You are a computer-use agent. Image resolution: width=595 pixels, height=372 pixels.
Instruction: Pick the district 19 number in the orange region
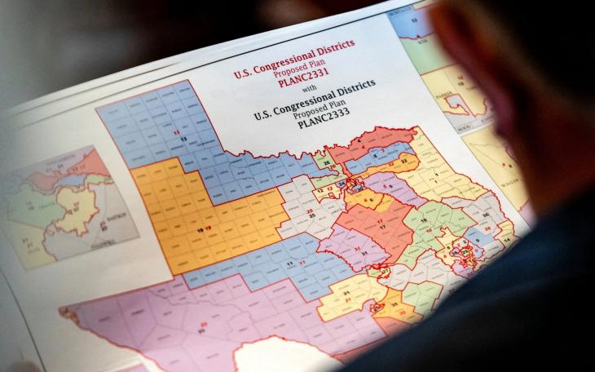pos(201,231)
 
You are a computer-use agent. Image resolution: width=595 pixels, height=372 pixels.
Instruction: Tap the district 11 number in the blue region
pos(291,265)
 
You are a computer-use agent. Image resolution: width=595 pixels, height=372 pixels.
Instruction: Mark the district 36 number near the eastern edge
pos(486,215)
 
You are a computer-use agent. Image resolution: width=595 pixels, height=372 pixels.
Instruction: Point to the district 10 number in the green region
pos(423,221)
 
